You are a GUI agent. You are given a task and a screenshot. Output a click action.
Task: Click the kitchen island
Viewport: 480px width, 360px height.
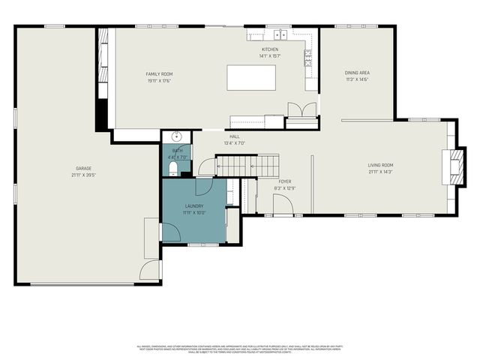pyautogui.click(x=251, y=78)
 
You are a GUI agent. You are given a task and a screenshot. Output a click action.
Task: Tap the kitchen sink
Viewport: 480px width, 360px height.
pyautogui.click(x=281, y=34)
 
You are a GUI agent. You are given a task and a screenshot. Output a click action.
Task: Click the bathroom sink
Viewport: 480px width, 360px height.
pyautogui.click(x=175, y=136)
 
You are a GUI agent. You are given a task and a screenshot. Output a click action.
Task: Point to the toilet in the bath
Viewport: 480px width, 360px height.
pyautogui.click(x=173, y=169)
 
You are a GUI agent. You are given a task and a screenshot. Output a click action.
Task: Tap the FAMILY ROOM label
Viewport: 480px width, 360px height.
pyautogui.click(x=159, y=73)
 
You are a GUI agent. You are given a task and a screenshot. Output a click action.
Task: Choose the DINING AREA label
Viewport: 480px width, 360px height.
pyautogui.click(x=357, y=73)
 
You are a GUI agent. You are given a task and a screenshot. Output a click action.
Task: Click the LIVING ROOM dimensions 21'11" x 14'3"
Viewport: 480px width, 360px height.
pyautogui.click(x=381, y=172)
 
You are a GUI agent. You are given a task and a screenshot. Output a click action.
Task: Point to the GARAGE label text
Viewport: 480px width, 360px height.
pyautogui.click(x=83, y=168)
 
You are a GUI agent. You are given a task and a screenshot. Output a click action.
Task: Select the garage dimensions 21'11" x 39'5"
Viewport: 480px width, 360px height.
pyautogui.click(x=83, y=175)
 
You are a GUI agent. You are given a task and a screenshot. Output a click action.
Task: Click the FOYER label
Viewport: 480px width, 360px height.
pyautogui.click(x=284, y=181)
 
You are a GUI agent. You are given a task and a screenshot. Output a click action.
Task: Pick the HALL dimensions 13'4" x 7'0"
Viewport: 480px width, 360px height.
pyautogui.click(x=235, y=143)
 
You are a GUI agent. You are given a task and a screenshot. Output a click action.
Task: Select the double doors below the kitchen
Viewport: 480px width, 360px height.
pyautogui.click(x=302, y=109)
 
